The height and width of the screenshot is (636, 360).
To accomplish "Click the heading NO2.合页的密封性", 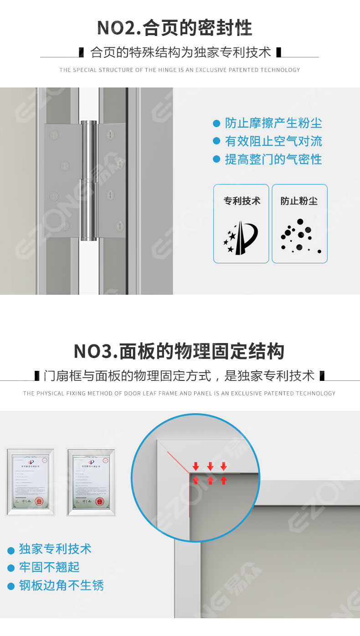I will click(175, 28).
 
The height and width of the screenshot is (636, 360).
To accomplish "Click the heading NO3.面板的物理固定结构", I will click(179, 351).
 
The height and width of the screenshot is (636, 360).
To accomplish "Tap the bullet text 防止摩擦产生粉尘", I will click(273, 123).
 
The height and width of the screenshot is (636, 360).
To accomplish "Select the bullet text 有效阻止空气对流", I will click(273, 141).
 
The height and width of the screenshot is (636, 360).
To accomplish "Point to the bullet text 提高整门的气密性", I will click(273, 159).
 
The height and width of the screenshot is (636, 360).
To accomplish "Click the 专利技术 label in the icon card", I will click(242, 201).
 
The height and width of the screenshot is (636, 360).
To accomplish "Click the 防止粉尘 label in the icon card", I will click(299, 201).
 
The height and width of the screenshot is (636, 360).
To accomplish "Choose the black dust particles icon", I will click(299, 236).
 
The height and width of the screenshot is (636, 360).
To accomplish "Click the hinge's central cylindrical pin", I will click(89, 180).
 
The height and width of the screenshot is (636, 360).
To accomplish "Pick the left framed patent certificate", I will click(30, 482).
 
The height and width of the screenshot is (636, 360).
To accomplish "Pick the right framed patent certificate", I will click(91, 482).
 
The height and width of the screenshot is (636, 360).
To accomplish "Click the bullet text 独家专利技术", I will click(55, 549).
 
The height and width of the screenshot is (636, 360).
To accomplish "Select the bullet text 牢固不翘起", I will click(49, 567).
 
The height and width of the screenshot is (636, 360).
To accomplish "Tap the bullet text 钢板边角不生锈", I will click(61, 585).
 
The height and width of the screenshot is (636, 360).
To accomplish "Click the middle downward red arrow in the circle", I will click(210, 466).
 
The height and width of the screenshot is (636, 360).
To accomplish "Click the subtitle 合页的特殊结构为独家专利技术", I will click(181, 52).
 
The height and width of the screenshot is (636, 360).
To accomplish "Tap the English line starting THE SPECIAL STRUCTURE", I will click(180, 70).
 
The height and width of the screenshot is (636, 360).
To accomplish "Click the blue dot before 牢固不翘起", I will click(11, 568).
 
